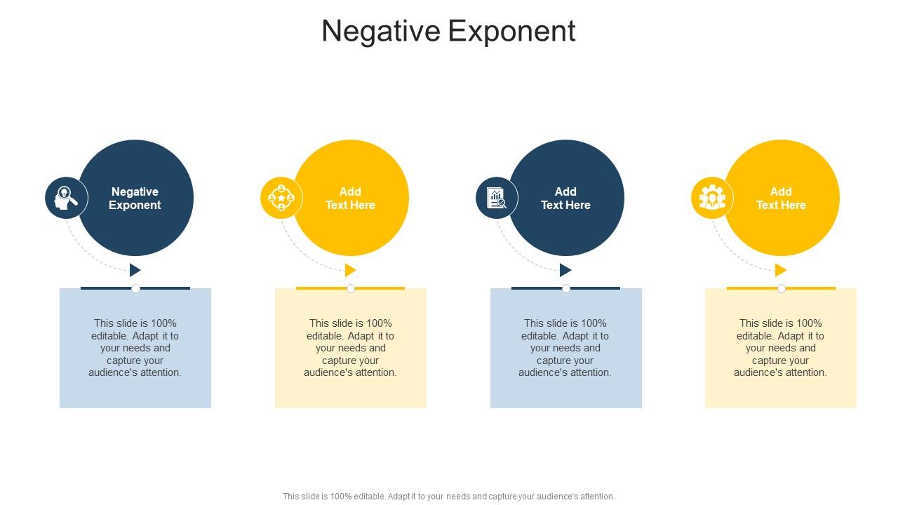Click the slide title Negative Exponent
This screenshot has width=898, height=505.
coord(448,32)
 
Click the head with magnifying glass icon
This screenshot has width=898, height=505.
coord(67,198)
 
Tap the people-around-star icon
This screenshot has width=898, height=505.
coord(281,198)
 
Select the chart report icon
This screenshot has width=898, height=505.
coord(497,198)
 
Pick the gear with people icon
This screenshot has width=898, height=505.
coord(712,198)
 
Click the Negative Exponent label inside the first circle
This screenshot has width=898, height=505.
coord(135,198)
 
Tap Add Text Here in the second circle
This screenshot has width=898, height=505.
coord(350,198)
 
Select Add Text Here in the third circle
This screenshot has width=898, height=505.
coord(565,198)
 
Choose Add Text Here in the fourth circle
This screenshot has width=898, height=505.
coord(781,198)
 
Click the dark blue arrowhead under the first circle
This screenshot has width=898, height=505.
coord(135,270)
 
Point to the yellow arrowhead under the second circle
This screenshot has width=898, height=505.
coord(350,270)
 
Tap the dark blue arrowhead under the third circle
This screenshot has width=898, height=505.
coord(565,270)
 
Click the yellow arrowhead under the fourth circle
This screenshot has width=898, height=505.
coord(780,270)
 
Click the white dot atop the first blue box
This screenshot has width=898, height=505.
coord(135,288)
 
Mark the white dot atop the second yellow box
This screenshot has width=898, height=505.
coord(351,288)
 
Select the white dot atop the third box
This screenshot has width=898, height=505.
coord(566,288)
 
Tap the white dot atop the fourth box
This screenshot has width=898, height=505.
coord(782,288)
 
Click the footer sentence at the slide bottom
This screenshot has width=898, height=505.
coord(448,496)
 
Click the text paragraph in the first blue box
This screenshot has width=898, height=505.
coord(135,348)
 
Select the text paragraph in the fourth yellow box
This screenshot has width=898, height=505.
coord(781,348)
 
